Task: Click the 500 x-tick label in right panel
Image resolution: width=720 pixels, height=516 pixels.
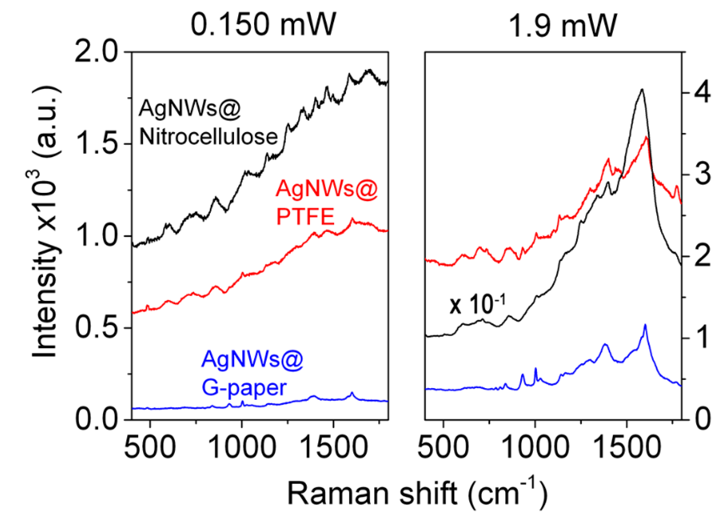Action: (443, 447)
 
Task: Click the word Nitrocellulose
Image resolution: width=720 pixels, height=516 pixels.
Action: (209, 137)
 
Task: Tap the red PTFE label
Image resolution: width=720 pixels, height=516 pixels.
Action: (306, 217)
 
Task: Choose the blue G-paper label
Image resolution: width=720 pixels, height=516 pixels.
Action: (244, 388)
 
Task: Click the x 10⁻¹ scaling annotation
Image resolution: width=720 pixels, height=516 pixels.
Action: (477, 305)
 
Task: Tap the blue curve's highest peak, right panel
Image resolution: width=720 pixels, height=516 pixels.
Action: (645, 325)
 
